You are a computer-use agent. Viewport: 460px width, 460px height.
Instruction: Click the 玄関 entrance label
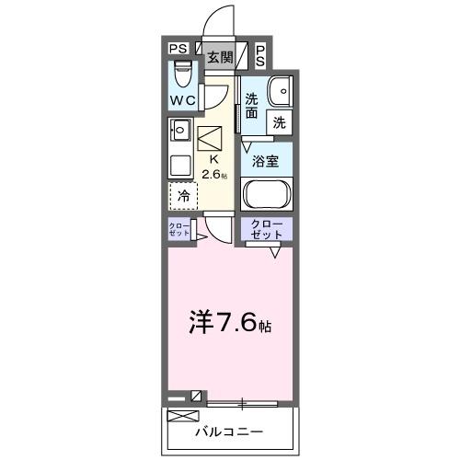(219, 57)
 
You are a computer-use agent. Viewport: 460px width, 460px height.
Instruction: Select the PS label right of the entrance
(260, 55)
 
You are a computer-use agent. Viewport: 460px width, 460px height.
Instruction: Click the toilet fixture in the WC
(183, 72)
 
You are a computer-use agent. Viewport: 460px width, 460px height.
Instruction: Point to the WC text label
(181, 99)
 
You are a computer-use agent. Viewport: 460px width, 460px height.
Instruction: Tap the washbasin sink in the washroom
(279, 91)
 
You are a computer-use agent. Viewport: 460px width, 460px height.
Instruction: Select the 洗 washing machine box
(279, 121)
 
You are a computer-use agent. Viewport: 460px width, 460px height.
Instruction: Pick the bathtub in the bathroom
(267, 195)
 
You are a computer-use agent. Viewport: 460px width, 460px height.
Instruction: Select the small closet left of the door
(179, 230)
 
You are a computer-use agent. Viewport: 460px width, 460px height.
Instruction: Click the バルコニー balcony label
(229, 431)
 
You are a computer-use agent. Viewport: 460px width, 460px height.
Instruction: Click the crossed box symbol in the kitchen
(211, 137)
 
